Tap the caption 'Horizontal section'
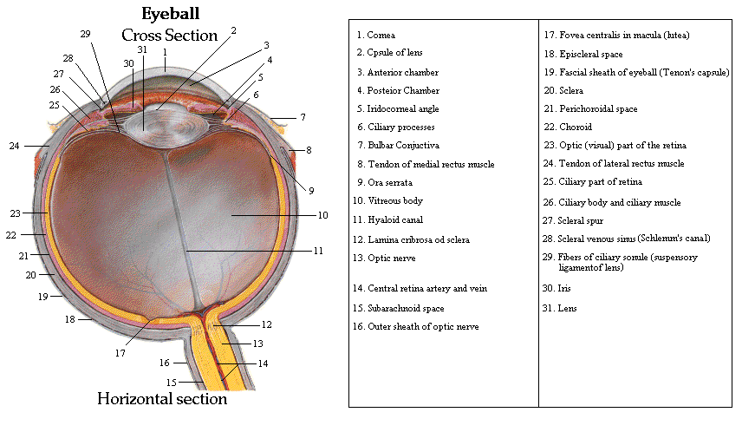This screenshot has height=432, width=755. tap(161, 399)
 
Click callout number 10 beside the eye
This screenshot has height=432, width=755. tap(322, 214)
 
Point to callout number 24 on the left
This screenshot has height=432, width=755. tap(14, 146)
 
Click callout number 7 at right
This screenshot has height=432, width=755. tap(303, 116)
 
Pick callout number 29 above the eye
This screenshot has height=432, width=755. tap(85, 34)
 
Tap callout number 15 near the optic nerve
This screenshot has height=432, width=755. tap(171, 382)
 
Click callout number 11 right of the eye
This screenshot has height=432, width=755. tap(318, 251)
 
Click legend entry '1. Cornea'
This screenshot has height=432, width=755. tap(375, 36)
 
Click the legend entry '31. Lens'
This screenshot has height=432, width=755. tap(560, 308)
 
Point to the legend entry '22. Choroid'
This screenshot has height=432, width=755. tap(569, 127)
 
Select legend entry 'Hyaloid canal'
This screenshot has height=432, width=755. tap(389, 220)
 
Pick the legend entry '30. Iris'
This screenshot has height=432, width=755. tap(557, 288)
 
